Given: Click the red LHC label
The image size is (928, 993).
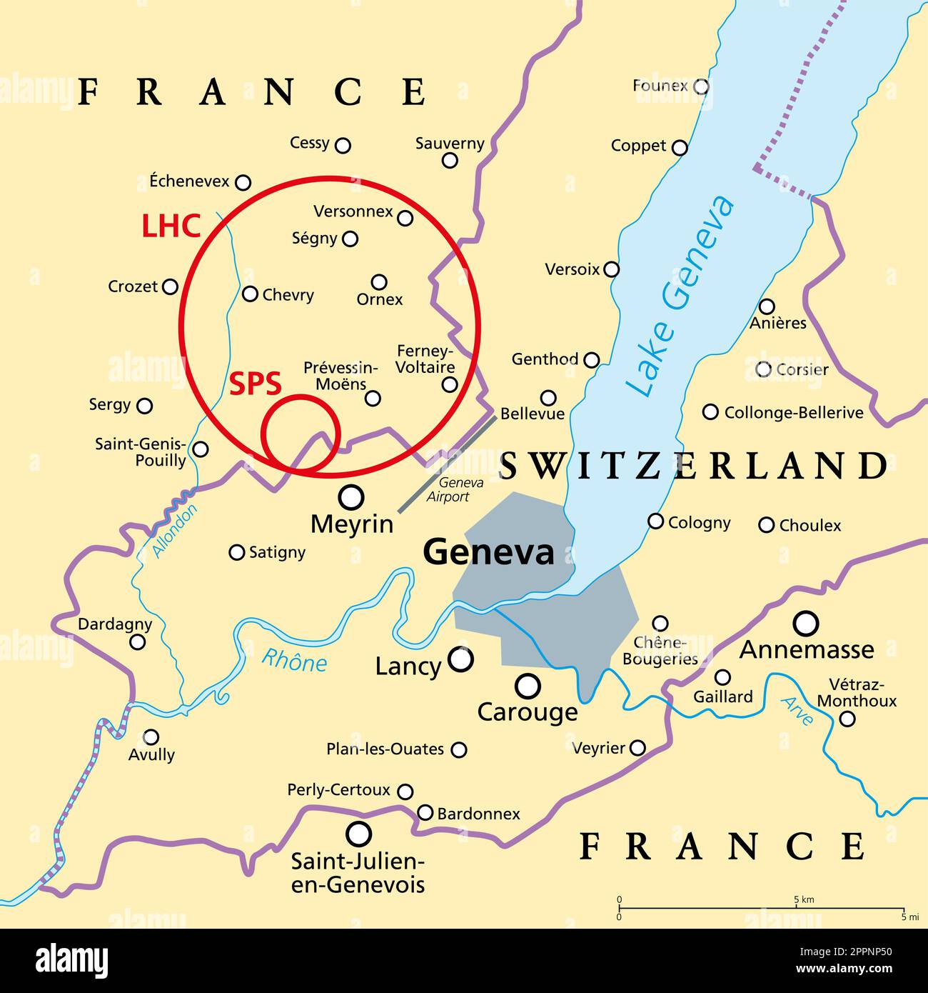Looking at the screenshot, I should (171, 226).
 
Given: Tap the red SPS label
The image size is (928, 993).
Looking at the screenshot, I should (255, 384).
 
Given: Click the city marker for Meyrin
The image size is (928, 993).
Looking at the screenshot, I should (350, 496).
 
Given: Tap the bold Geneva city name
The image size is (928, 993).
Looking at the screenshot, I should (488, 552).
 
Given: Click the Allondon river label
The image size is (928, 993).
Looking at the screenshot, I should (174, 530).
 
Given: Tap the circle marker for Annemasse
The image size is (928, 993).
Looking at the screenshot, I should (807, 622).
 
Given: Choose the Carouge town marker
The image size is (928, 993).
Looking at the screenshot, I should (528, 687).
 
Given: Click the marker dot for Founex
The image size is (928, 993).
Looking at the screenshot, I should (702, 86).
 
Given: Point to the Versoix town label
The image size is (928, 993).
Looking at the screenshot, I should (572, 269).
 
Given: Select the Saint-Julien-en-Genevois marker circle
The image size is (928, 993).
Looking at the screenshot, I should (358, 833).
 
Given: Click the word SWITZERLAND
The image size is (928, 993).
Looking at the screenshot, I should (693, 466).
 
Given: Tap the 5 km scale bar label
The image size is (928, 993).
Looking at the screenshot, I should (804, 899).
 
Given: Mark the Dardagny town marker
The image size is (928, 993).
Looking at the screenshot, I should (137, 642).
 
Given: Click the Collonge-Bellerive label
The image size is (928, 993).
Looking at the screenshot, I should (793, 412).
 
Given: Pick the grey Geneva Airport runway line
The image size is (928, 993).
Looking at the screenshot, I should (447, 464).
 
